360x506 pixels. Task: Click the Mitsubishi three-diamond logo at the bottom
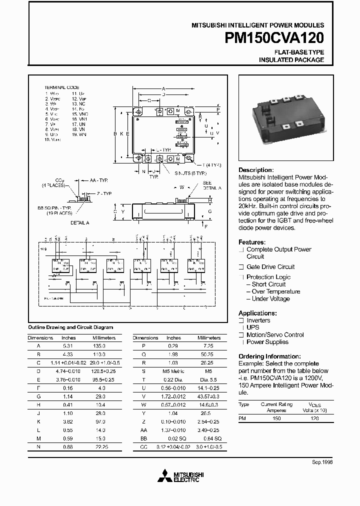pyautogui.click(x=164, y=475)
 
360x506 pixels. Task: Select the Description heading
pyautogui.click(x=256, y=170)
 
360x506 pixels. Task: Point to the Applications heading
pyautogui.click(x=258, y=313)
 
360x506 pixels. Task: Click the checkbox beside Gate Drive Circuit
pyautogui.click(x=241, y=267)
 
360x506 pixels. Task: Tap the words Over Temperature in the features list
pyautogui.click(x=276, y=291)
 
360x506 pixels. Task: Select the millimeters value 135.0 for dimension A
pyautogui.click(x=104, y=346)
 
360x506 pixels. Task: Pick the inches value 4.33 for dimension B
pyautogui.click(x=68, y=354)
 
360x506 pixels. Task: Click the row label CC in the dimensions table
pyautogui.click(x=143, y=446)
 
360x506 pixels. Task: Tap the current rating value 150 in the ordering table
pyautogui.click(x=276, y=418)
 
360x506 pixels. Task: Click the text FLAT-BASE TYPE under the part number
pyautogui.click(x=299, y=52)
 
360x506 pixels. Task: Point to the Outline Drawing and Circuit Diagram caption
pyautogui.click(x=70, y=327)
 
